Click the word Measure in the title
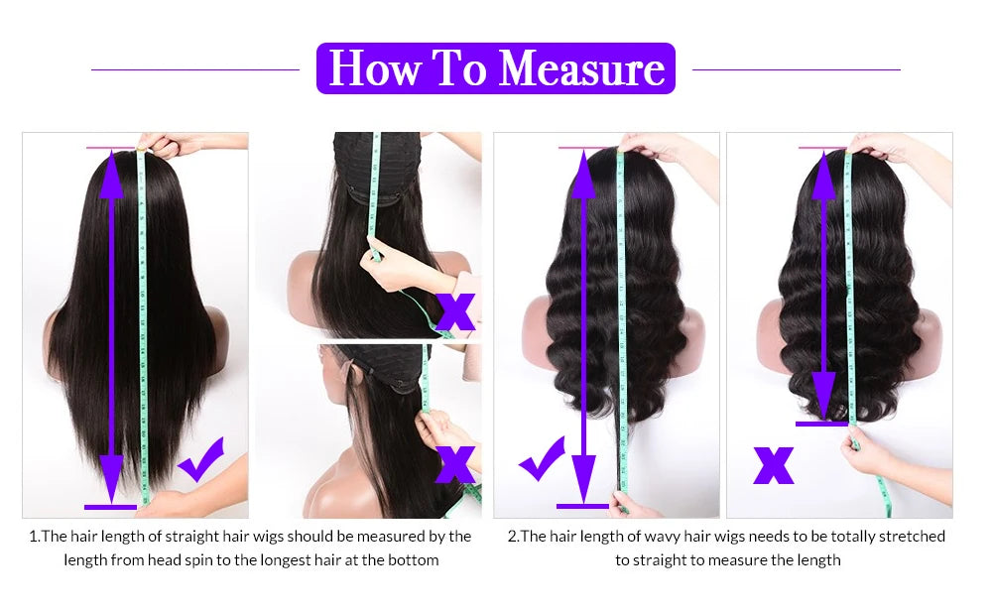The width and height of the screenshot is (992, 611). (x=581, y=67)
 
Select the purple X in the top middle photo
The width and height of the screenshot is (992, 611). (x=455, y=310)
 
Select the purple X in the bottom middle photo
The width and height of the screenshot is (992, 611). (x=455, y=463)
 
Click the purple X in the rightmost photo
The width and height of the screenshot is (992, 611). (x=773, y=463)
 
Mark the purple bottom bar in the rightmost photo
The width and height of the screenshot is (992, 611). (x=822, y=424)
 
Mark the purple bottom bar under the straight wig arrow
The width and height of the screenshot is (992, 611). (x=110, y=507)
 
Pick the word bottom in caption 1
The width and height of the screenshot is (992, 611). (x=416, y=560)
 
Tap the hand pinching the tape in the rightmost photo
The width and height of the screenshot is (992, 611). (x=865, y=452)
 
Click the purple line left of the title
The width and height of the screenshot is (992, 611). (x=195, y=69)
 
